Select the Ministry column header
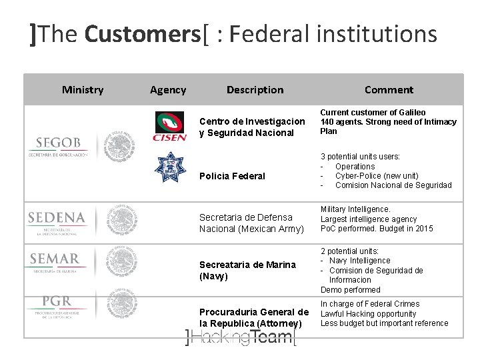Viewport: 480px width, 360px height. pos(83,89)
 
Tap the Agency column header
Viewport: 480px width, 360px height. pos(168,89)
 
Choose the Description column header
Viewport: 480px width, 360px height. pos(255,89)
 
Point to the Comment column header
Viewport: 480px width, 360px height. pos(389,89)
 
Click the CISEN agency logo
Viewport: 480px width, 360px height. pos(169,127)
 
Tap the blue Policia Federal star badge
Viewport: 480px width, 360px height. pos(169,167)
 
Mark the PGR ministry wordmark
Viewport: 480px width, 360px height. pos(57,303)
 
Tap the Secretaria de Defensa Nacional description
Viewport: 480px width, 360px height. pos(251,223)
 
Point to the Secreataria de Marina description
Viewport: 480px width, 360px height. pos(247,270)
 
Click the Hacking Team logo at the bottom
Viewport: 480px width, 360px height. pos(240,337)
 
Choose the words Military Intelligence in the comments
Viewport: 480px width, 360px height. pos(355,209)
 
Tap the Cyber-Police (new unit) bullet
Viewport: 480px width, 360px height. pos(377,175)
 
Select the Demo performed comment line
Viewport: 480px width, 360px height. pos(350,289)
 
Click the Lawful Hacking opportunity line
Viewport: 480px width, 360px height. pos(368,313)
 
